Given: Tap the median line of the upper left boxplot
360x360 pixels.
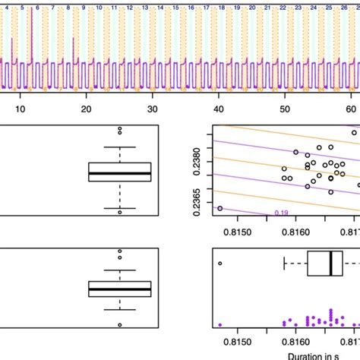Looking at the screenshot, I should click(x=120, y=173).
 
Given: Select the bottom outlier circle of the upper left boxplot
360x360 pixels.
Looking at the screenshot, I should click(x=120, y=212).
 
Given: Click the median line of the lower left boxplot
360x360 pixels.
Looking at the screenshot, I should click(x=120, y=289).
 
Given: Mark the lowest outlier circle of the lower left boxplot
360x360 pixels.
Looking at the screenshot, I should click(x=120, y=324).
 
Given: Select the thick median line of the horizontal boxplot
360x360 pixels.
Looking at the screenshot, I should click(x=331, y=264).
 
